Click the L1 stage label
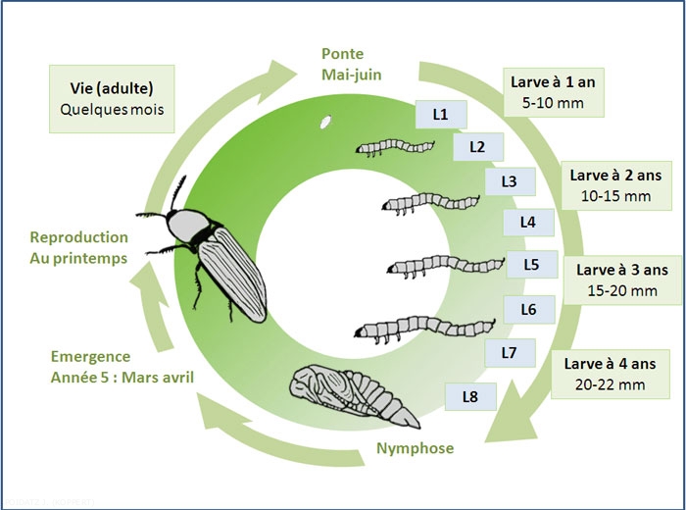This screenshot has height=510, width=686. click(x=440, y=115)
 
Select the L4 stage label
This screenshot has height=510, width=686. click(x=528, y=222)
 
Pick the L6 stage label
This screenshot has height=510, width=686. click(x=528, y=309)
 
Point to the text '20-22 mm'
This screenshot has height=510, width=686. click(x=612, y=384)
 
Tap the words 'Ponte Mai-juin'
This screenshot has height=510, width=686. click(x=352, y=63)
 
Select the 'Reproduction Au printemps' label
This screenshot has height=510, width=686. click(x=78, y=246)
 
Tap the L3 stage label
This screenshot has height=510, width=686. click(x=509, y=181)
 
